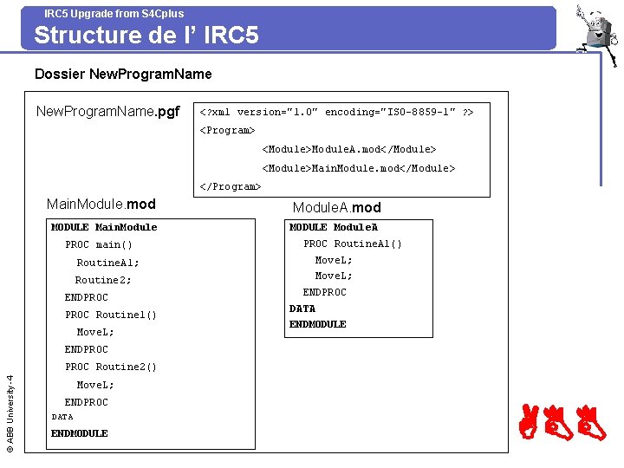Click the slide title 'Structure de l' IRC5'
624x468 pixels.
[x=146, y=36]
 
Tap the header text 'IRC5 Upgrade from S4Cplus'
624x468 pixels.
[x=114, y=13]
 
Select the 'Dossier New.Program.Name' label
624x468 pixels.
[x=123, y=75]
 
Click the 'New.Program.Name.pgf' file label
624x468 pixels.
[x=107, y=112]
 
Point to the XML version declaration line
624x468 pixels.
[x=336, y=113]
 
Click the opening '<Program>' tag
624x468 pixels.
[x=227, y=130]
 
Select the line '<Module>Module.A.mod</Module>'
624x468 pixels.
[x=349, y=149]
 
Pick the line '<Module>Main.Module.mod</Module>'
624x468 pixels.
[x=358, y=168]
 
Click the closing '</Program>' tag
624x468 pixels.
[x=230, y=186]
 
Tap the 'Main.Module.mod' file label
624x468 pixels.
[x=101, y=205]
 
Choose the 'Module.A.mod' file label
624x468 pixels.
[x=336, y=208]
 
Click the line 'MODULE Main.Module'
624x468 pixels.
[x=104, y=227]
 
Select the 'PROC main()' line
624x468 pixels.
[x=99, y=245]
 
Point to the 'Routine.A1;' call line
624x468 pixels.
[x=107, y=263]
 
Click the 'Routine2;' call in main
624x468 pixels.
[x=103, y=280]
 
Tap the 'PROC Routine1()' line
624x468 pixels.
[x=111, y=315]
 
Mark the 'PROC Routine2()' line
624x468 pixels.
[x=111, y=367]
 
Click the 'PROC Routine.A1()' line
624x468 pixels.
[x=353, y=244]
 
